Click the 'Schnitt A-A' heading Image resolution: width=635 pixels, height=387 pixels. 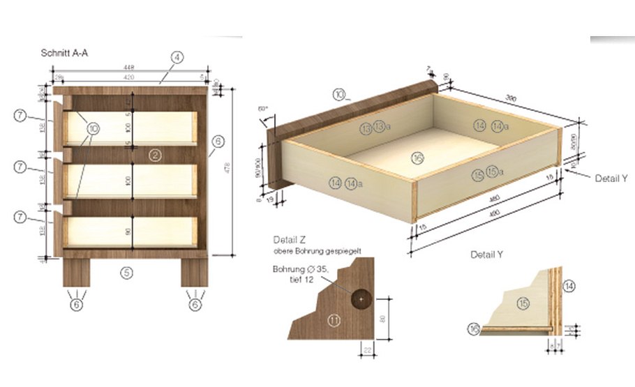click(x=66, y=52)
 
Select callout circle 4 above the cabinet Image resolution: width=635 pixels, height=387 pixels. click(x=178, y=59)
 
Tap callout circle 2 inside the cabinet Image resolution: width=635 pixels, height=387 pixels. click(x=156, y=154)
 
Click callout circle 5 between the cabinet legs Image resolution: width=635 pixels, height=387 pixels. click(x=126, y=273)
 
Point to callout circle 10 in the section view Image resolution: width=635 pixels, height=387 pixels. click(x=94, y=128)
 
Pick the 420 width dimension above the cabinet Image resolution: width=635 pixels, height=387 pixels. click(x=128, y=78)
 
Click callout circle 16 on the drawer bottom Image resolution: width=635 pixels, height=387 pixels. click(x=417, y=160)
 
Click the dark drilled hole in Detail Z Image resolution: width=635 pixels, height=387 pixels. click(x=361, y=298)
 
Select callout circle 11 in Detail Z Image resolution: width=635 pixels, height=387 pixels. click(x=334, y=321)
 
